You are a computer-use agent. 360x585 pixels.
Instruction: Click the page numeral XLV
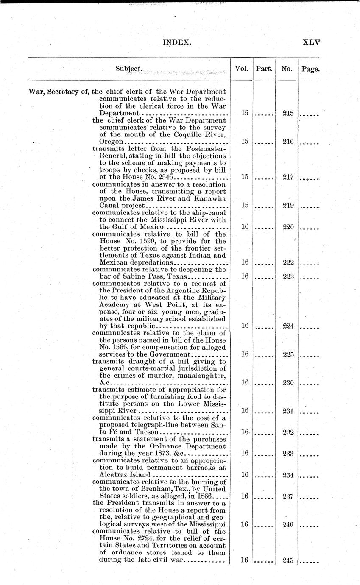coord(311,42)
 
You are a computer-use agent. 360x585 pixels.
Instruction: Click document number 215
coord(288,114)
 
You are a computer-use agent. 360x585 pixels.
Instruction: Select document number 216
coord(288,142)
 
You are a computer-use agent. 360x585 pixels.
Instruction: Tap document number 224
coord(288,326)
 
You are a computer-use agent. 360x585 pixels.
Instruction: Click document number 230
coord(288,383)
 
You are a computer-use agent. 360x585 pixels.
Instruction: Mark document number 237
coord(288,496)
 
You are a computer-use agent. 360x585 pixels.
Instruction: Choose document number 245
coord(288,560)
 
